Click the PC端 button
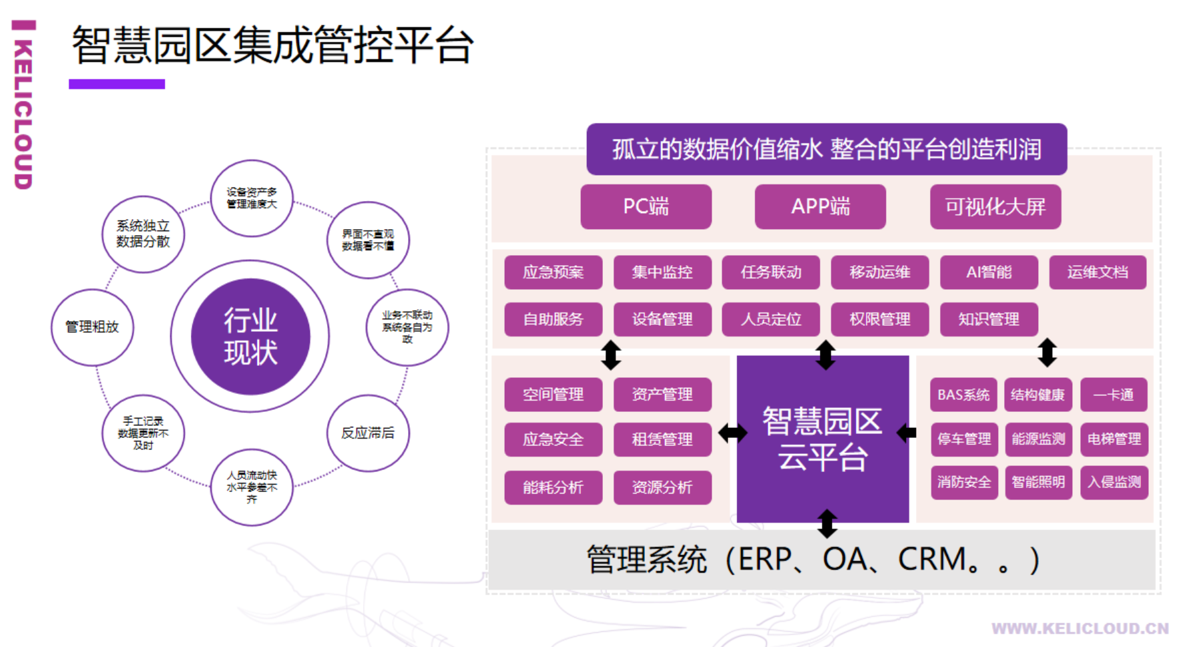click(x=646, y=207)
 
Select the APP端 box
click(x=820, y=207)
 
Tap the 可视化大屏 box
click(x=995, y=207)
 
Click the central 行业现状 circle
click(x=250, y=337)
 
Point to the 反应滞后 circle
click(x=368, y=433)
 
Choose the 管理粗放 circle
click(x=92, y=327)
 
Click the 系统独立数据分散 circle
click(x=143, y=234)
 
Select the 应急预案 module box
click(x=553, y=272)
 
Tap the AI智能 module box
click(x=989, y=272)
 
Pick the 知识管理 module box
click(x=989, y=319)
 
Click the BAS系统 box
click(x=963, y=395)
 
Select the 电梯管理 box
click(x=1114, y=439)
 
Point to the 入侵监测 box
click(x=1114, y=482)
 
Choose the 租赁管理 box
click(x=662, y=439)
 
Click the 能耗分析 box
click(x=553, y=487)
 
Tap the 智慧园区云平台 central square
click(x=822, y=439)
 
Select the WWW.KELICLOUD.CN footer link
click(x=1080, y=628)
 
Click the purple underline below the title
click(x=117, y=84)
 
